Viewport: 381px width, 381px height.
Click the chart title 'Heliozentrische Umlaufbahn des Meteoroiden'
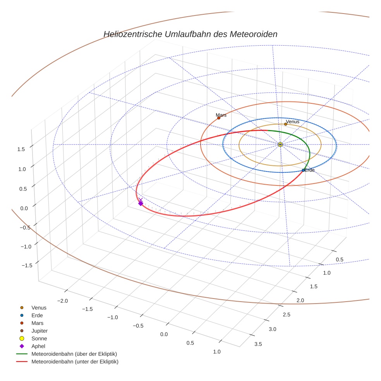click(190, 34)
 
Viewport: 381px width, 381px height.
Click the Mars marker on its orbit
click(219, 118)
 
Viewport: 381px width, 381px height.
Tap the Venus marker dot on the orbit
click(286, 124)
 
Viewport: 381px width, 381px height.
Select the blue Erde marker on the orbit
click(303, 170)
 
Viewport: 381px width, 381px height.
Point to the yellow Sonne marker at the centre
click(280, 144)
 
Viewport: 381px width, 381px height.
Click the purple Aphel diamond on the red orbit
click(141, 203)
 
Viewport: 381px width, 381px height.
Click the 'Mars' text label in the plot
click(221, 115)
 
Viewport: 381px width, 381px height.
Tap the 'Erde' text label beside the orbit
click(309, 170)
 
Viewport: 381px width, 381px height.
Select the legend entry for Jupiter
click(39, 331)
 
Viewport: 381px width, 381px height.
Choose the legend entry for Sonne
click(39, 338)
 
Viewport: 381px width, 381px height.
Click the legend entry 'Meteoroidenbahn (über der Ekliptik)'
click(74, 354)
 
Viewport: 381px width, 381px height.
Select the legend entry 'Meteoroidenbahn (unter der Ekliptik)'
click(75, 362)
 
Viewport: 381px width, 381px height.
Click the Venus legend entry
click(39, 307)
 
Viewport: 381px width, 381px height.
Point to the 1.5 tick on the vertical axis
click(21, 149)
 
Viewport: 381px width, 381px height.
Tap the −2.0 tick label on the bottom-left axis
click(63, 301)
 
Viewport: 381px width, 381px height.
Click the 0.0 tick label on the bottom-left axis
click(164, 334)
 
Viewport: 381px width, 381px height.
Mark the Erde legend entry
click(37, 315)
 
